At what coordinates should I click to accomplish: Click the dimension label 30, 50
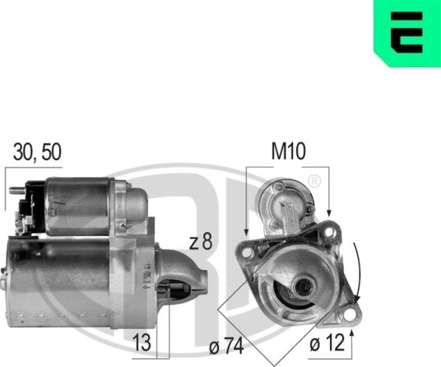click(37, 152)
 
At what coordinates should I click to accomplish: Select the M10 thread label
click(288, 151)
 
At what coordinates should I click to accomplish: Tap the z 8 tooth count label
click(201, 242)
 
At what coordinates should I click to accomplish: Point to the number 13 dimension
click(142, 342)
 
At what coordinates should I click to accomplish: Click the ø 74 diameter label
click(225, 346)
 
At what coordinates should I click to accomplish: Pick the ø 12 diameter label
click(327, 343)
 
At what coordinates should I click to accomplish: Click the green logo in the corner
click(407, 34)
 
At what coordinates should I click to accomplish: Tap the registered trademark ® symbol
click(314, 181)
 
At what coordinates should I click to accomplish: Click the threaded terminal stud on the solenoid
click(17, 190)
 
